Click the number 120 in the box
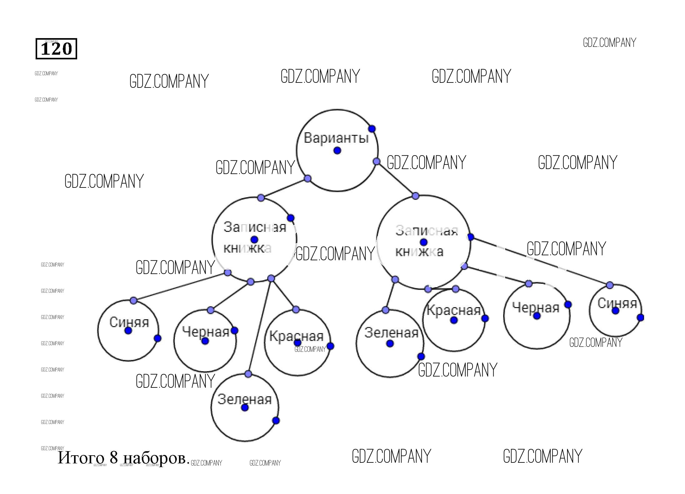click(56, 49)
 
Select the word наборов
click(155, 458)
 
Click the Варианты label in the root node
click(336, 138)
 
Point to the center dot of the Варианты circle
click(337, 151)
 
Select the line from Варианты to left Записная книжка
click(284, 188)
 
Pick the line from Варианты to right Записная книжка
click(396, 179)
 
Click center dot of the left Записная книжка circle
click(254, 240)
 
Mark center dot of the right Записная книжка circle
click(424, 242)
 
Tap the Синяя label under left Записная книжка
click(129, 322)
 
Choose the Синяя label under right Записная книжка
click(617, 303)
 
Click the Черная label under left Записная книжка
click(206, 332)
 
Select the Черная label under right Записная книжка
click(536, 308)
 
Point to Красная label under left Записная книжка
click(296, 336)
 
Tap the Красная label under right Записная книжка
click(453, 310)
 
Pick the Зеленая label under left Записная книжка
click(245, 399)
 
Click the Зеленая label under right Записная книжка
click(391, 333)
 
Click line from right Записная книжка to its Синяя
click(540, 261)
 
